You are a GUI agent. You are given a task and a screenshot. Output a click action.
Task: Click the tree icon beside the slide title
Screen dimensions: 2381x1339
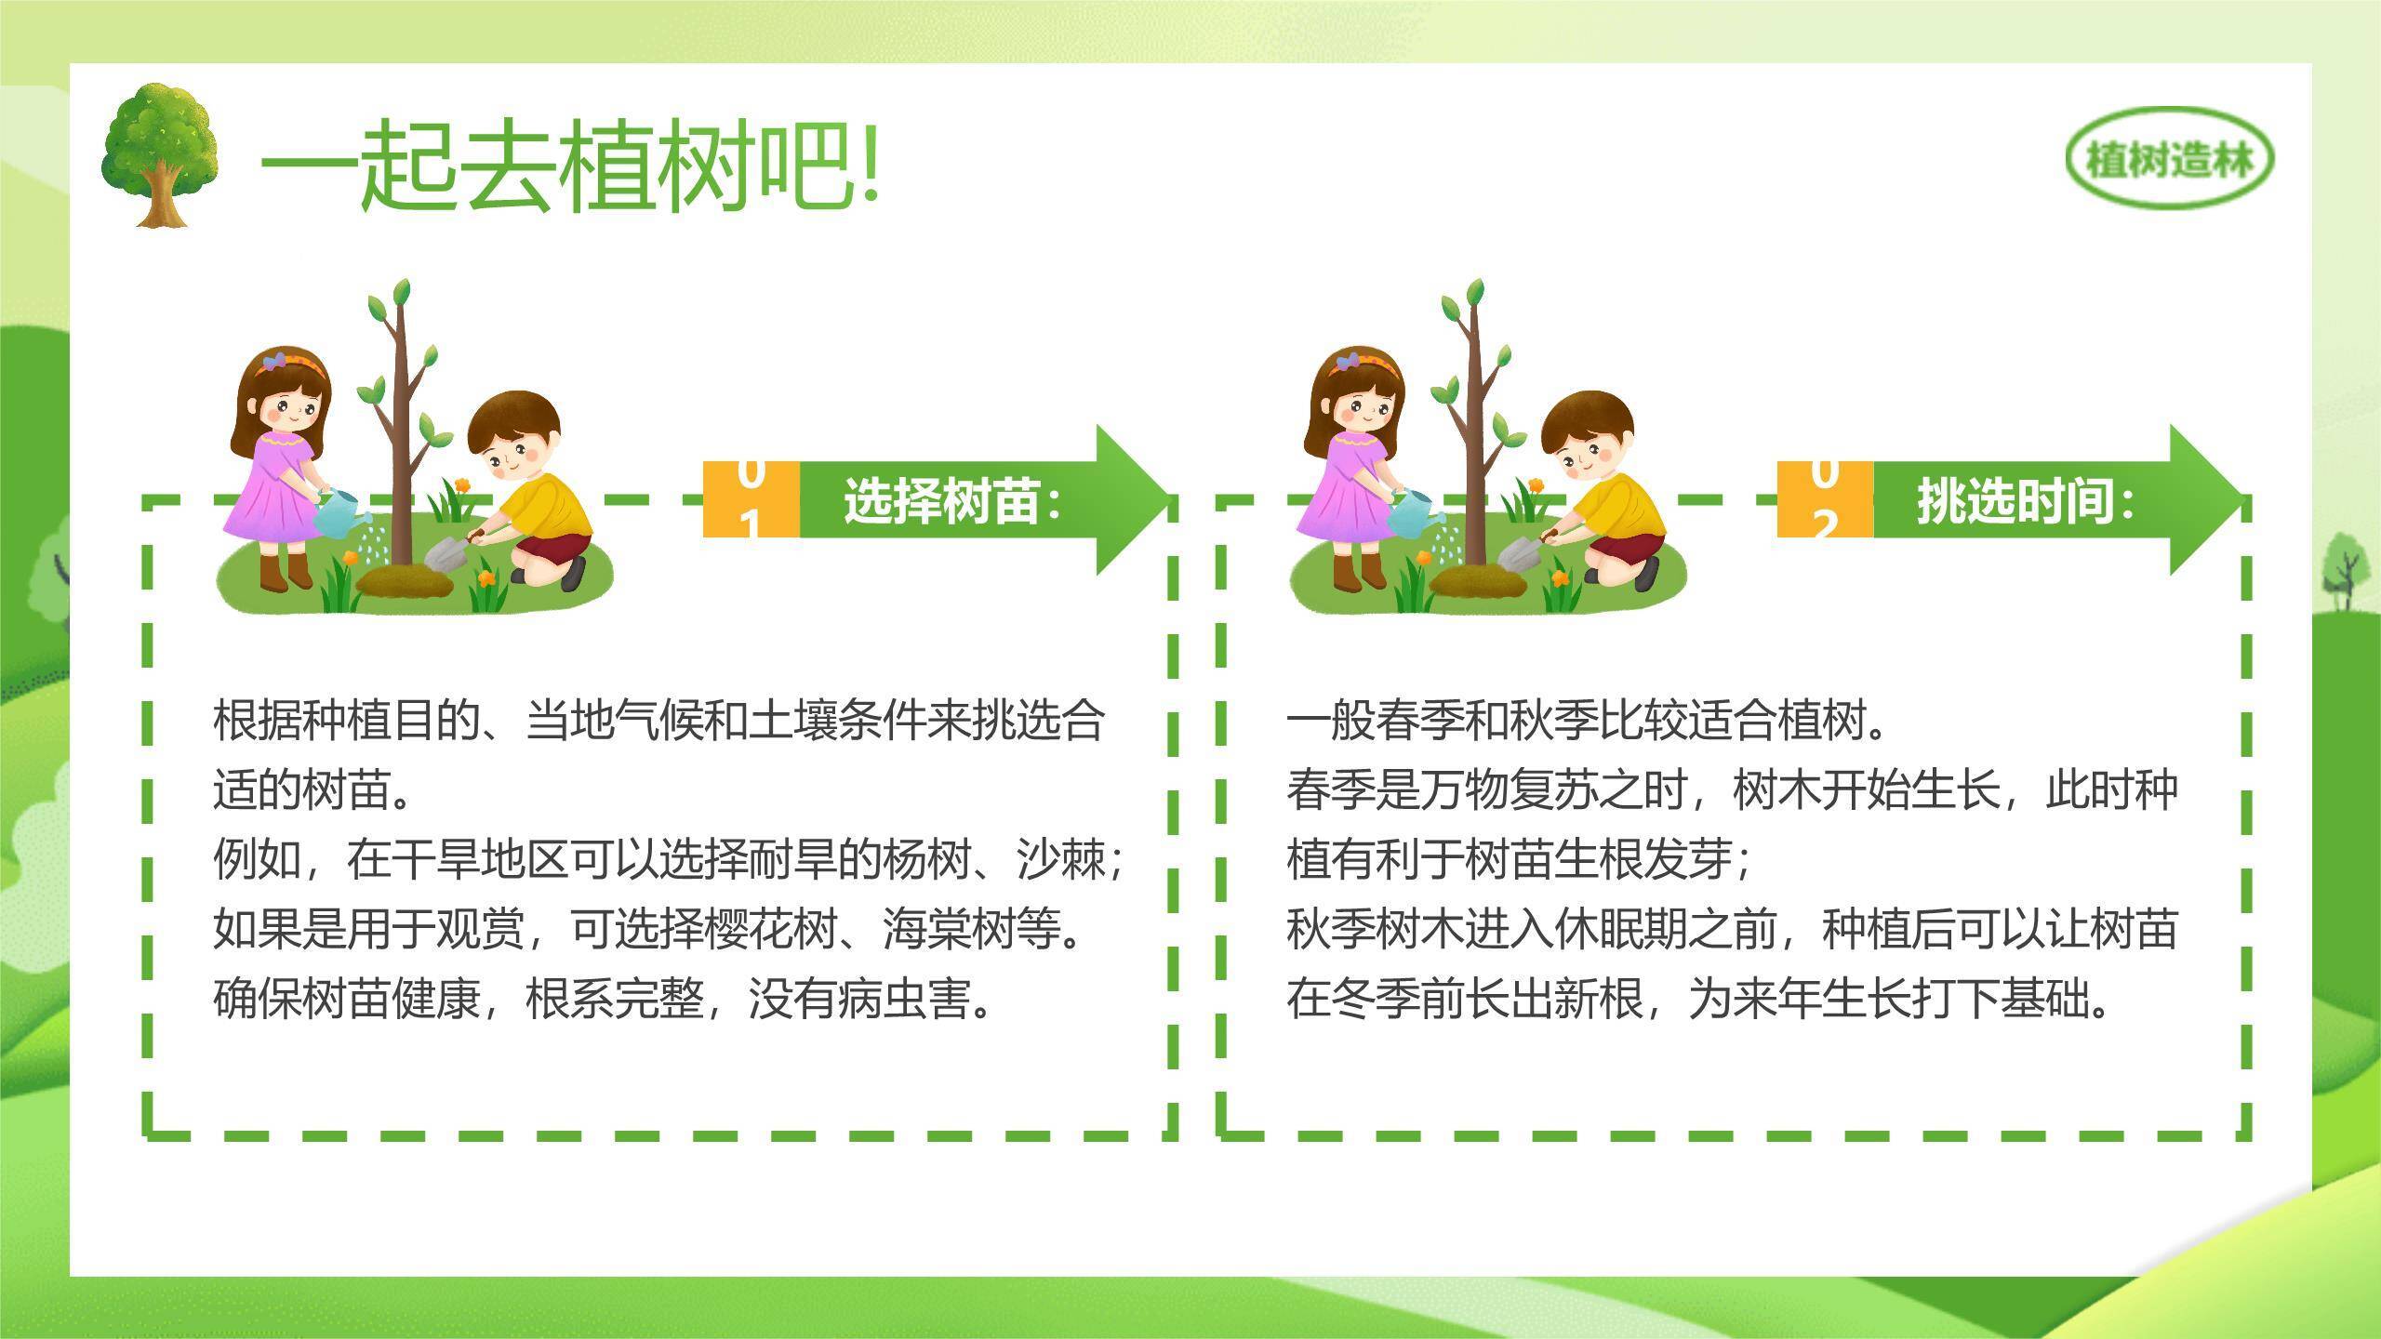[x=160, y=155]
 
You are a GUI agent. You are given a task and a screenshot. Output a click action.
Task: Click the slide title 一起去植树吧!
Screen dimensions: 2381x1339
[x=569, y=166]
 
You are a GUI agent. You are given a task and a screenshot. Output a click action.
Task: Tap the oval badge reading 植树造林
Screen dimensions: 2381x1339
[x=2169, y=161]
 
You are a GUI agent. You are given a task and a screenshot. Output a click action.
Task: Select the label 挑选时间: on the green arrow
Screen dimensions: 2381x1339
[x=2026, y=501]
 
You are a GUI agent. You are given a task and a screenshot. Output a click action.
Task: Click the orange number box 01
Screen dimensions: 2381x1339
[x=752, y=499]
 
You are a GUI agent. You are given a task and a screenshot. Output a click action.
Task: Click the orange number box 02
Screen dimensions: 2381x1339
[x=1825, y=499]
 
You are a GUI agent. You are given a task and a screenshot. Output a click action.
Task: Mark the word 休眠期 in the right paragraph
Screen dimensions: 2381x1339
[x=1620, y=927]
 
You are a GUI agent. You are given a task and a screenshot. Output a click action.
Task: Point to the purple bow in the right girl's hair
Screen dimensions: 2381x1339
[x=1345, y=360]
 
